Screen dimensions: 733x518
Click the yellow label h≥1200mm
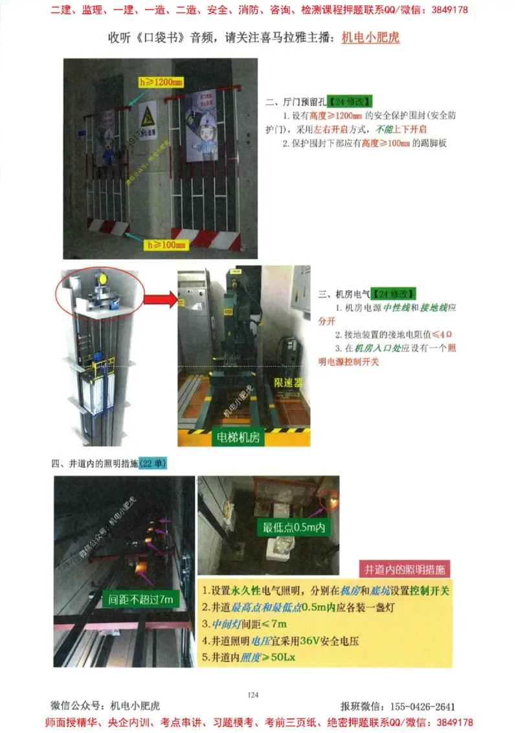(161, 82)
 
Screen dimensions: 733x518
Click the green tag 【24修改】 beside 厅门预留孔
(349, 102)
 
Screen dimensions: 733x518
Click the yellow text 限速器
(288, 383)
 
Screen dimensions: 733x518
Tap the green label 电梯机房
(236, 438)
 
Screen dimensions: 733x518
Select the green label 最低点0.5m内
(294, 528)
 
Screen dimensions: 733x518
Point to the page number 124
(253, 695)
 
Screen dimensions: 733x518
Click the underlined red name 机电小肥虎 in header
(370, 38)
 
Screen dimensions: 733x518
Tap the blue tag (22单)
(153, 464)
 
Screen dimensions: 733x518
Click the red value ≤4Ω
(438, 334)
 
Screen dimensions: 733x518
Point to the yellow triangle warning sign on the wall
(147, 117)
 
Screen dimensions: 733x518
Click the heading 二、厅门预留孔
(296, 102)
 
